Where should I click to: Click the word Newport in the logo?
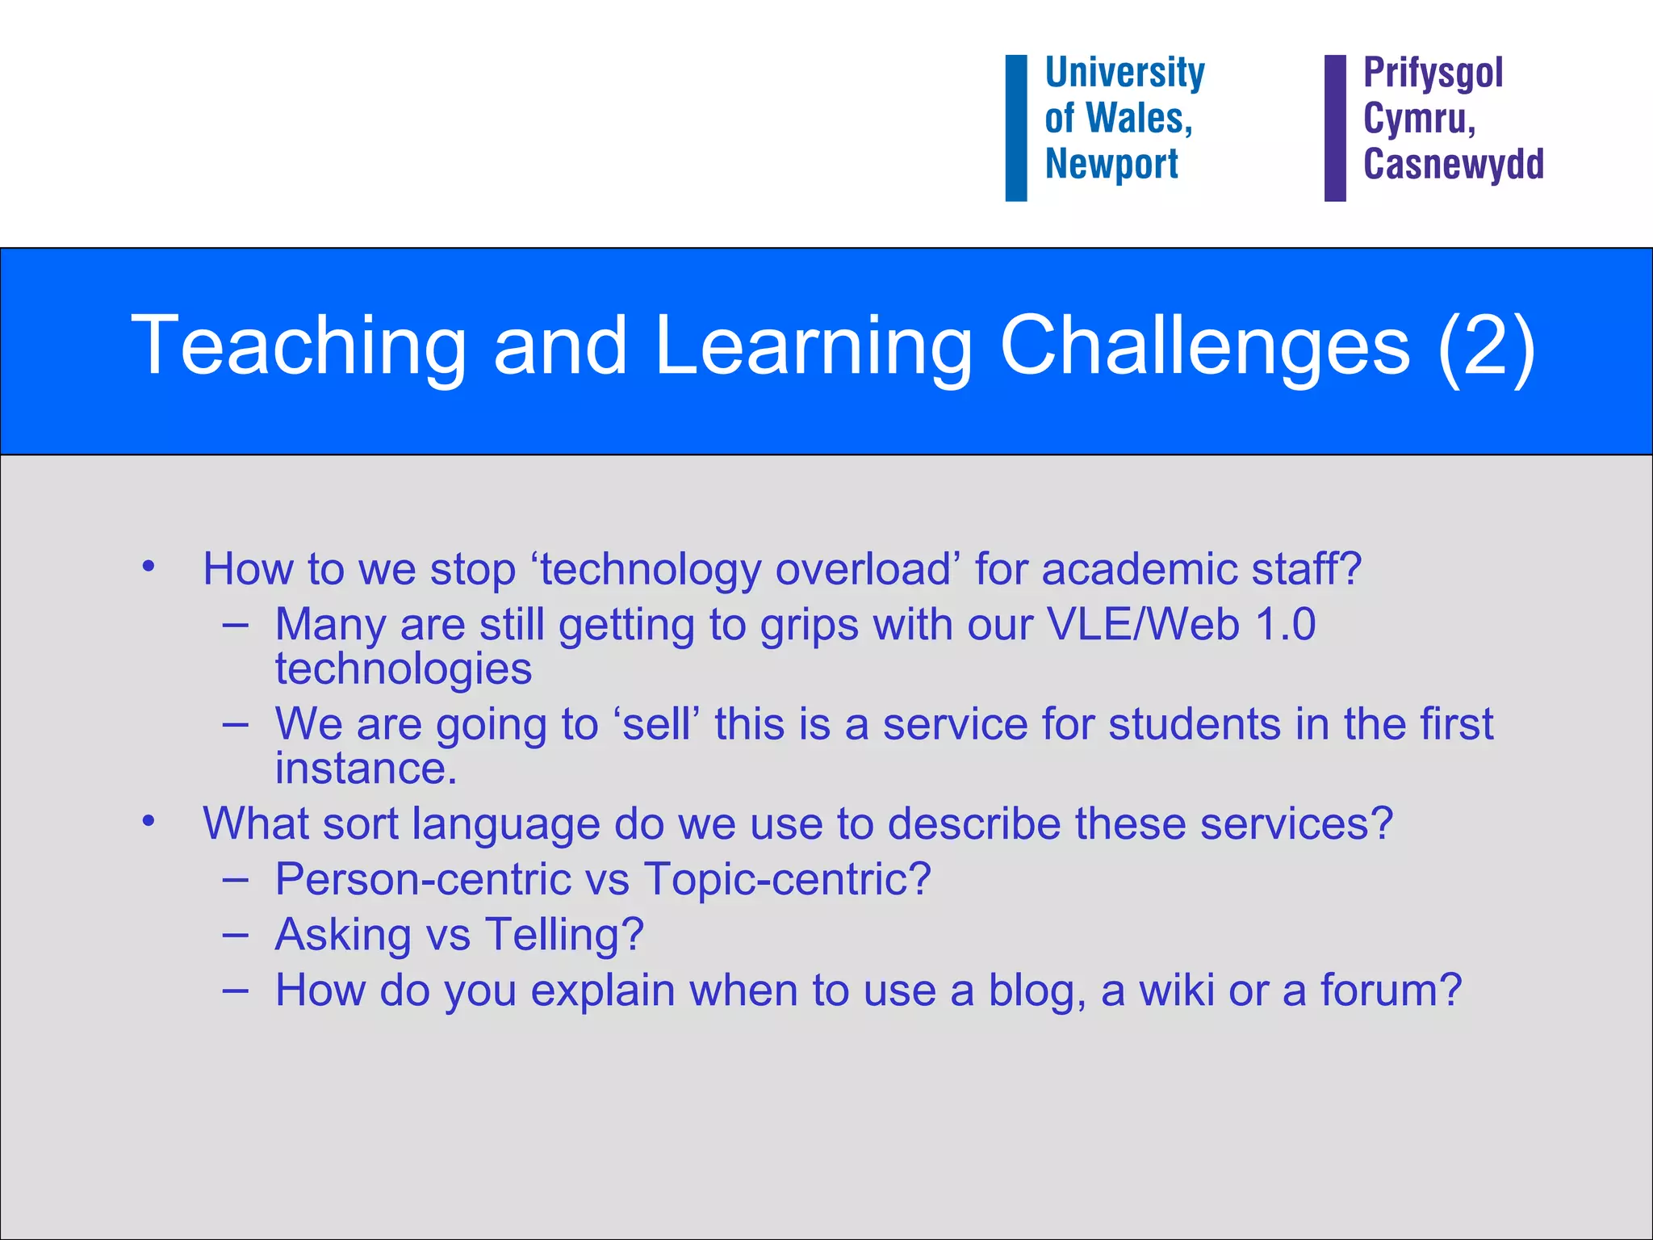point(1111,165)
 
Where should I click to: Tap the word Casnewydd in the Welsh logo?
point(1453,165)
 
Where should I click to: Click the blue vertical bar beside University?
point(1015,128)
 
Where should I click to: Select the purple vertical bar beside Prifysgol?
point(1335,128)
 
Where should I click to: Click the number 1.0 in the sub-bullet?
point(1286,625)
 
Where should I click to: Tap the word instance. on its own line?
point(366,769)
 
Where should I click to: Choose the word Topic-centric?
point(787,879)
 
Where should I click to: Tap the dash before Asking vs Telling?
point(235,935)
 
